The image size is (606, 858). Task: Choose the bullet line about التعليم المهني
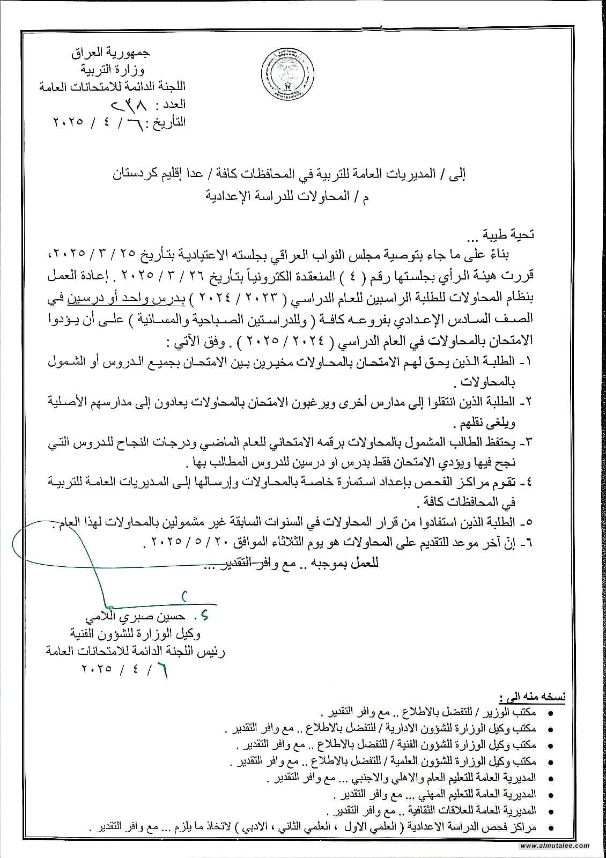(x=434, y=794)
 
